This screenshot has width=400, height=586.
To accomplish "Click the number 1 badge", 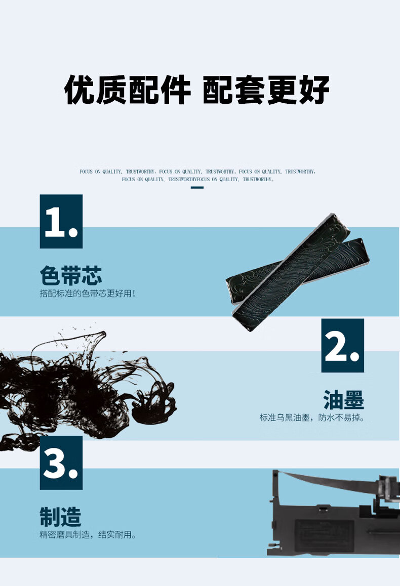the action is (x=61, y=221).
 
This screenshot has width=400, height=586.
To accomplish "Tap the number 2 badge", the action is (x=342, y=345).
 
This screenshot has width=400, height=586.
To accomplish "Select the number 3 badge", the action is (x=61, y=463).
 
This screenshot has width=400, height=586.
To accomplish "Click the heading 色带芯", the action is (x=71, y=275).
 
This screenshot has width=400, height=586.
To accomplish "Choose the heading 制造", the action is (x=61, y=517).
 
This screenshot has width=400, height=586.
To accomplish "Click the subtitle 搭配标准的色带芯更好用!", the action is (x=88, y=294).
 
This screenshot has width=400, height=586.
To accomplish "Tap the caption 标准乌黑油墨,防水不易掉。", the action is (x=312, y=417).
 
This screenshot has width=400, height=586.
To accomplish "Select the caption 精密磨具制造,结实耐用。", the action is (x=88, y=535).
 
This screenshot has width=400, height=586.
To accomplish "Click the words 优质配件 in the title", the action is (x=128, y=90).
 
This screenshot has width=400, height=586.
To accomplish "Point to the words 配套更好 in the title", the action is (x=266, y=90).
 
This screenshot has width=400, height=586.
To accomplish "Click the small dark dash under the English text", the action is (x=197, y=187).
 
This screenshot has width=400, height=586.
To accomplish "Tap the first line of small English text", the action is (x=197, y=172).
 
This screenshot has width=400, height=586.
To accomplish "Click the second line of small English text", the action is (x=197, y=179).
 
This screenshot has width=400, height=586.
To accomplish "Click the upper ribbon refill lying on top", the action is (x=291, y=272).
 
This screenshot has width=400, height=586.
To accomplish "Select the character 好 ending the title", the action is (x=314, y=90).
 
